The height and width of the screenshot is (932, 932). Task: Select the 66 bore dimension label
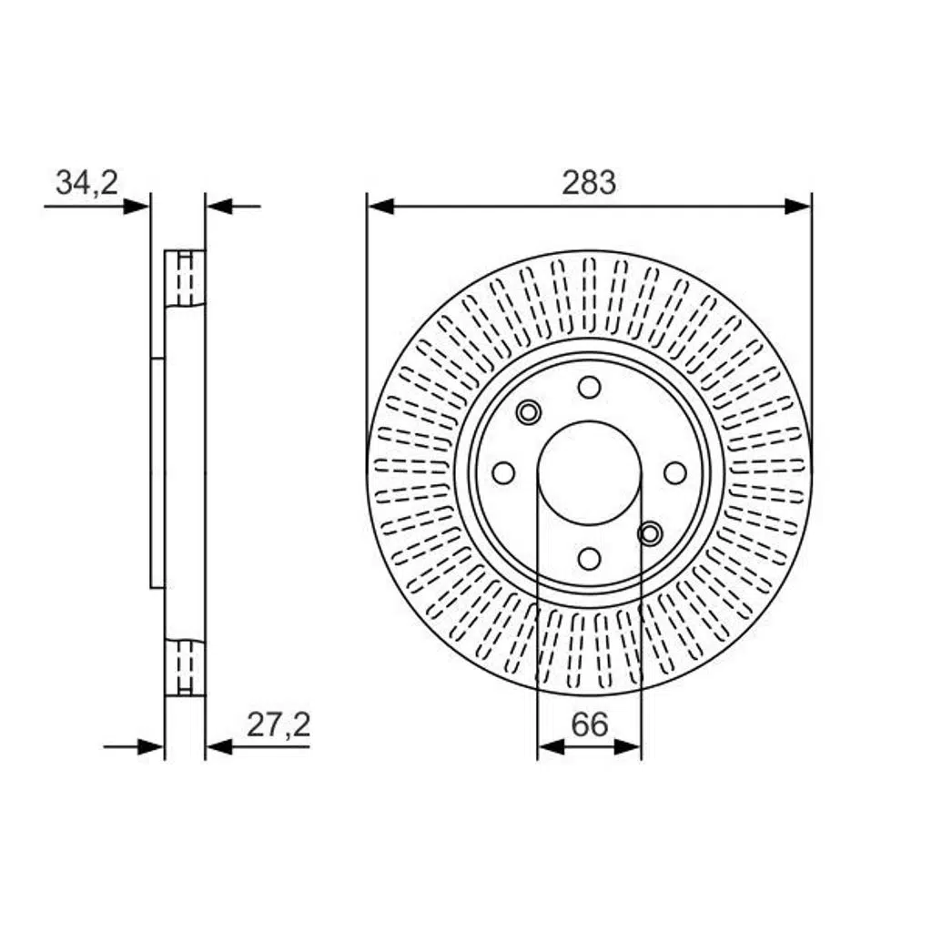590,724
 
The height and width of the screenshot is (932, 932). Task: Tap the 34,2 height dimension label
86,182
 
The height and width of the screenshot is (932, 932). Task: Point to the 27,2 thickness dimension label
279,725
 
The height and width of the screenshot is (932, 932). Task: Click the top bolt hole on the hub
589,388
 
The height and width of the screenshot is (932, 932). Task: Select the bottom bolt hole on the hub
589,559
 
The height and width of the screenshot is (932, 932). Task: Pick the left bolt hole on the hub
503,473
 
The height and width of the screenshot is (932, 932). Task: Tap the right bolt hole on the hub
674,473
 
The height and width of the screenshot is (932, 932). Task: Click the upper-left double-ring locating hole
529,412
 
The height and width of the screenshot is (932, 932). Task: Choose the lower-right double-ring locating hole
650,533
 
